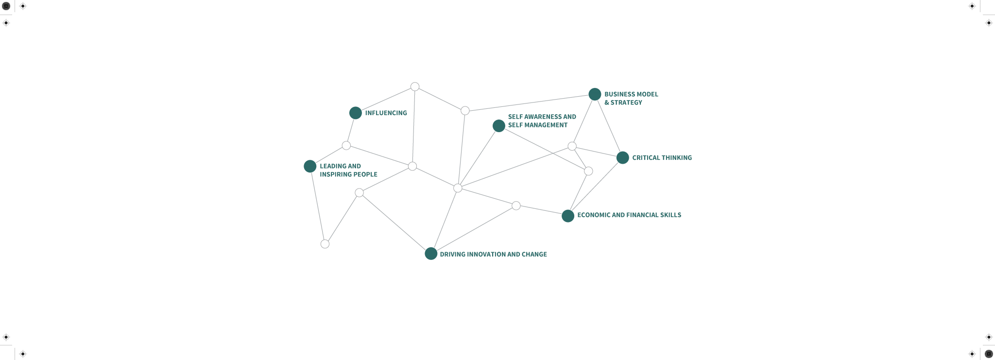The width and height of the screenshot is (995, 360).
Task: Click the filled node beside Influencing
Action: pos(356,113)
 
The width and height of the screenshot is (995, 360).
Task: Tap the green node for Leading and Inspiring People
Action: pos(310,166)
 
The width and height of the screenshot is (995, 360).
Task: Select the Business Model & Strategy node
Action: pos(595,94)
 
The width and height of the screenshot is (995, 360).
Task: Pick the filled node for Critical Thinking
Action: pos(622,157)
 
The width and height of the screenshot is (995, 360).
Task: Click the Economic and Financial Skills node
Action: pos(568,216)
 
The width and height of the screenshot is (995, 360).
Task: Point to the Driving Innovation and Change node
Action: pos(431,254)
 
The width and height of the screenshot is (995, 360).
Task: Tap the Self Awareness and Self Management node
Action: pos(499,126)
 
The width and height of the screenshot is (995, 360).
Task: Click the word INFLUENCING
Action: pos(386,113)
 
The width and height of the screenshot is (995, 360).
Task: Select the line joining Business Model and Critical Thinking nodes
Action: pos(609,126)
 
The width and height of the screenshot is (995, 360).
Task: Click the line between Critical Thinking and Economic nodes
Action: pos(595,187)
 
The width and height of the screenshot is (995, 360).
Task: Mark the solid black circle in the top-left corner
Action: pos(6,6)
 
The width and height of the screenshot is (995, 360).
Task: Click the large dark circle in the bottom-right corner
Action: pos(989,354)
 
